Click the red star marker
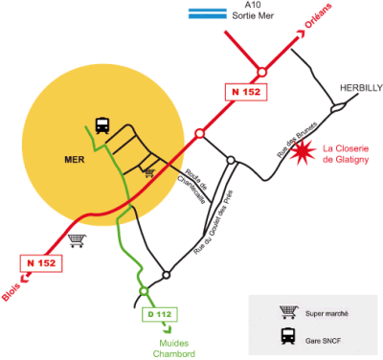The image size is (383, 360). [x=304, y=151]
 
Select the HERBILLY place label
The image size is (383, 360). [x=361, y=88]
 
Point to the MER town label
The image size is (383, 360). [x=76, y=160]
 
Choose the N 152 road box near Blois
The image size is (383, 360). [x=40, y=262]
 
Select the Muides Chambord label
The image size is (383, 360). [x=174, y=348]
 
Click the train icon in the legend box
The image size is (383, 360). [x=285, y=336]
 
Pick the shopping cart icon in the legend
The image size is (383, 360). [x=285, y=312]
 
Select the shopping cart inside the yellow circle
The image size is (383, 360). [x=148, y=172]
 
